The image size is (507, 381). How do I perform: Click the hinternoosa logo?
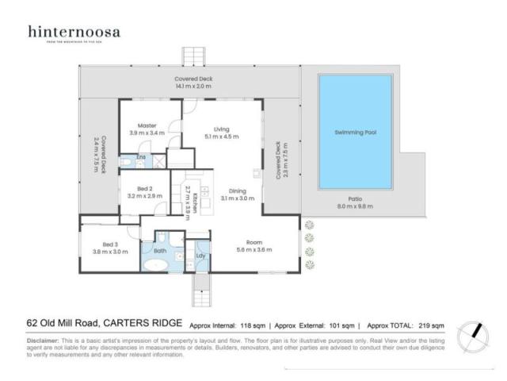(x=74, y=33)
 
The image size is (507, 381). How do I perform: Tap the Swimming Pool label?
(x=354, y=133)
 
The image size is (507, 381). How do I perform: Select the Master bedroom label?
(x=147, y=125)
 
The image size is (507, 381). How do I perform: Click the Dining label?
(x=237, y=190)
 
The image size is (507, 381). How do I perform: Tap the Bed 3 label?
(x=110, y=245)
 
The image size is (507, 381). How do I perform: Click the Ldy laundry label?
(x=200, y=256)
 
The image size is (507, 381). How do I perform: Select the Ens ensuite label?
(x=141, y=158)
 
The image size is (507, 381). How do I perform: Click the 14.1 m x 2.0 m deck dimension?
(x=194, y=87)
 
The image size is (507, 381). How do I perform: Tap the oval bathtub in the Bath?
(x=161, y=267)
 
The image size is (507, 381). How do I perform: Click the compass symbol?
(x=475, y=332)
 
